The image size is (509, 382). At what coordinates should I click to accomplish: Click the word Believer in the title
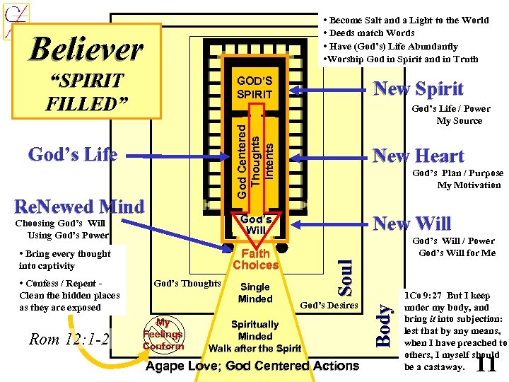click(x=86, y=50)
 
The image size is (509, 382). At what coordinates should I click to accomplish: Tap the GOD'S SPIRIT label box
click(x=255, y=88)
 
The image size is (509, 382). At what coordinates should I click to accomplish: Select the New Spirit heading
click(x=418, y=89)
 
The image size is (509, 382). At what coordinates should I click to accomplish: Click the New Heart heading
click(x=419, y=156)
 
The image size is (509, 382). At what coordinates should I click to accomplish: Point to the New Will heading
click(x=411, y=224)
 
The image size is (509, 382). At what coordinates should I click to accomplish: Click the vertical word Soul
click(x=344, y=278)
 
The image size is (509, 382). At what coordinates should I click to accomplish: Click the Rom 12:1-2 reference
click(x=69, y=339)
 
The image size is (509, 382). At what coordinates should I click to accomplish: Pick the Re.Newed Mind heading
click(x=79, y=207)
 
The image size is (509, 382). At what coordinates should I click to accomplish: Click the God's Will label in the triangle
click(x=256, y=224)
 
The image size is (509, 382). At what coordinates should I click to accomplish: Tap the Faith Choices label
click(x=255, y=260)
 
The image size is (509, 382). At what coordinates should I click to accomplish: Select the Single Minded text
click(x=255, y=293)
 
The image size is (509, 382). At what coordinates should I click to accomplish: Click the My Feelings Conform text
click(x=163, y=334)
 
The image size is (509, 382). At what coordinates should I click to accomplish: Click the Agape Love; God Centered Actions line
click(x=252, y=366)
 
